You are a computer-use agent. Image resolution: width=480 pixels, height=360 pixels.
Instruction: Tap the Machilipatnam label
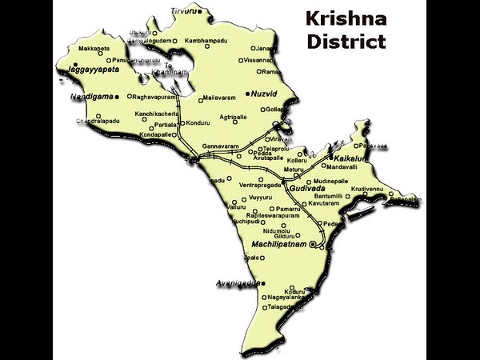coord(278,243)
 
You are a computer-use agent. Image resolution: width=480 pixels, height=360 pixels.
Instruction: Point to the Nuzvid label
coord(263,93)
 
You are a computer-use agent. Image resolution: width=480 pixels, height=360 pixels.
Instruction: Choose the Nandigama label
coord(92,96)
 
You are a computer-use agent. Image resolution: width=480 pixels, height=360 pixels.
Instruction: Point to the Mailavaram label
coord(220,98)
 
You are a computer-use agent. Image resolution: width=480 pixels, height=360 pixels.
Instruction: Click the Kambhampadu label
coord(206,40)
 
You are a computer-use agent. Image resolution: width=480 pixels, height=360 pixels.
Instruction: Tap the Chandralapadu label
coord(98,122)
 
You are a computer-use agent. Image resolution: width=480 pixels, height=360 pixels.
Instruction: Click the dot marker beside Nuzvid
coord(249,93)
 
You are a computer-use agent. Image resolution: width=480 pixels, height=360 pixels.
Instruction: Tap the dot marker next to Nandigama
coord(117,96)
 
